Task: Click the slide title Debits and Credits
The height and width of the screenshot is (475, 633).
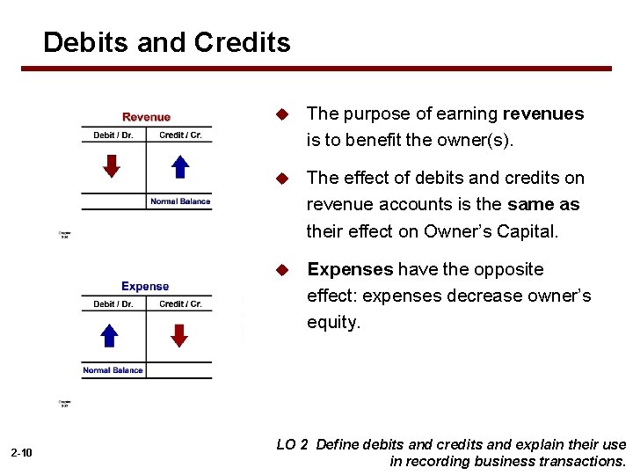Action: click(166, 42)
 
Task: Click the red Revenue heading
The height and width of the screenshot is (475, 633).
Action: click(146, 117)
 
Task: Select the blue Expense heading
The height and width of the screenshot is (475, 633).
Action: click(145, 286)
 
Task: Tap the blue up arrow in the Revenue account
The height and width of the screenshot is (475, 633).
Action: click(179, 165)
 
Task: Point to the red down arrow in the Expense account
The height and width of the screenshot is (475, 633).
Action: click(179, 335)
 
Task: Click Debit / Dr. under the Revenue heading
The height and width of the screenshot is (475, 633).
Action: click(113, 135)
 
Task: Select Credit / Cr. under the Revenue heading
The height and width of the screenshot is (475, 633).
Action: click(180, 135)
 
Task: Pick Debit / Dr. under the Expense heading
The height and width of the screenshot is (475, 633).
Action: click(113, 304)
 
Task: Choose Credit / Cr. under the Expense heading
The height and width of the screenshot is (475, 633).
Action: click(180, 304)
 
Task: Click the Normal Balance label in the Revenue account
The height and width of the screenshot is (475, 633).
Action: click(180, 201)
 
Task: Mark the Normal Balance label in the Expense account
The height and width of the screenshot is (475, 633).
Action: click(113, 370)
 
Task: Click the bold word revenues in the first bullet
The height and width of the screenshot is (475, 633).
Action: click(542, 113)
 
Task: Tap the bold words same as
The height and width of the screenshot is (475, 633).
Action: click(543, 204)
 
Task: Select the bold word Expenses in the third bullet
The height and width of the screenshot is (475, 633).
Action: click(350, 269)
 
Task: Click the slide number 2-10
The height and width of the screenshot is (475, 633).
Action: click(22, 453)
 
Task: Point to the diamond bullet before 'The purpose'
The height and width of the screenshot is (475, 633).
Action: click(282, 114)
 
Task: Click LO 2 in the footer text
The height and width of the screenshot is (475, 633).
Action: click(292, 445)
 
